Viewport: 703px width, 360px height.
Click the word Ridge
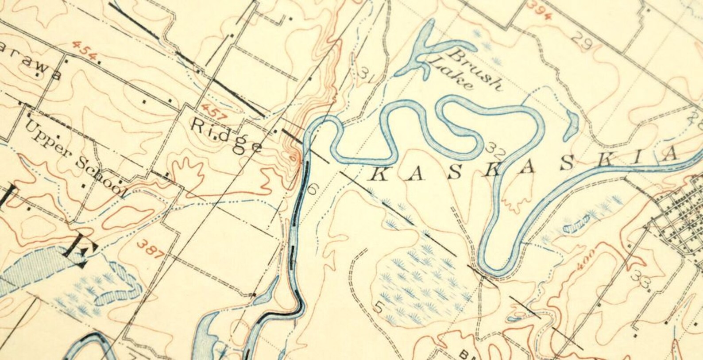(x=225, y=137)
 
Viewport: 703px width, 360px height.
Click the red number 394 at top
(x=540, y=10)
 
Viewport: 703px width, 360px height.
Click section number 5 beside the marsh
(x=379, y=307)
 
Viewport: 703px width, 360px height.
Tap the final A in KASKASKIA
(x=671, y=155)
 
